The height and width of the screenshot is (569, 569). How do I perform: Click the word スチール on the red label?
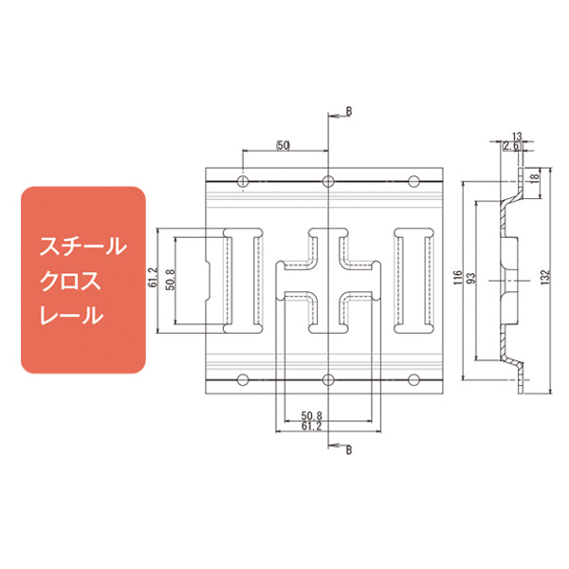click(x=82, y=248)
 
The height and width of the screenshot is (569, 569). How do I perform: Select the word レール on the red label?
click(x=70, y=315)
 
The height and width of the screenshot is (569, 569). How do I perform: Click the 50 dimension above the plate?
click(x=283, y=145)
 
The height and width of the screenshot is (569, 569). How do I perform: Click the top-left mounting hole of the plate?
click(x=243, y=181)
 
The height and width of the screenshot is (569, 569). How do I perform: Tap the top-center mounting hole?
click(x=328, y=181)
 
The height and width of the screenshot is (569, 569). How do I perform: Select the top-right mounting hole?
click(x=413, y=181)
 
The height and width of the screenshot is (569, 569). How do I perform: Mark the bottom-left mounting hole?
click(x=243, y=380)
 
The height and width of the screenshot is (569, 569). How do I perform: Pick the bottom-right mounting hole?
click(x=413, y=380)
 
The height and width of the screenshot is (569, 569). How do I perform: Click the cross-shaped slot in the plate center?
click(x=328, y=281)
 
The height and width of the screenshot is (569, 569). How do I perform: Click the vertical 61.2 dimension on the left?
click(x=154, y=280)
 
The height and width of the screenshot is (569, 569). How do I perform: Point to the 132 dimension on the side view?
click(x=544, y=280)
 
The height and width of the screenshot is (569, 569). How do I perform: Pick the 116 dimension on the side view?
click(x=457, y=280)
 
